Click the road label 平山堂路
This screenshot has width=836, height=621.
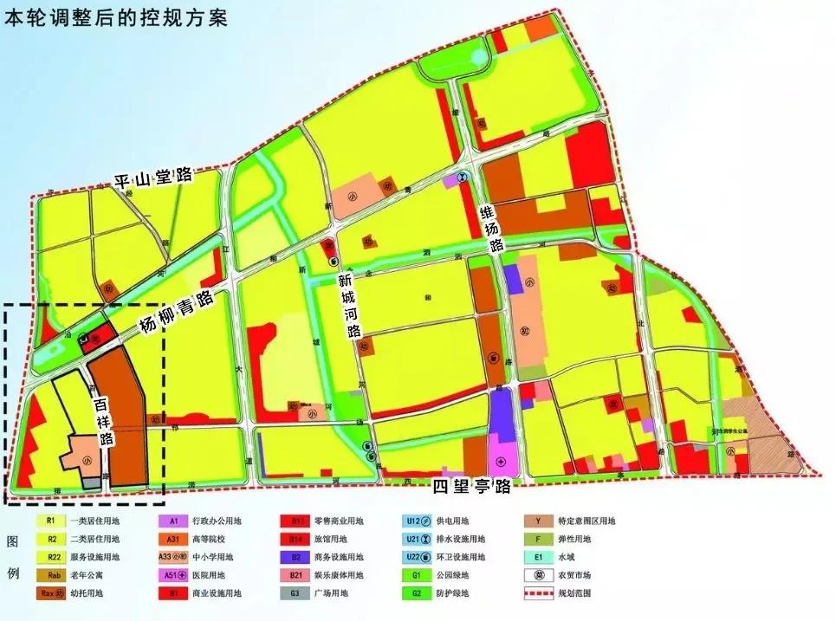pos(156,179)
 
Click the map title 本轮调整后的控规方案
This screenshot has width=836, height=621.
pos(116,18)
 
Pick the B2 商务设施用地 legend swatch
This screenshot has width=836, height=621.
pos(296,558)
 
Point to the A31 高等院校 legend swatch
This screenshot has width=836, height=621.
pos(173,540)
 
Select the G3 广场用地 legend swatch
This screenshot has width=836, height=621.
pos(296,594)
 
